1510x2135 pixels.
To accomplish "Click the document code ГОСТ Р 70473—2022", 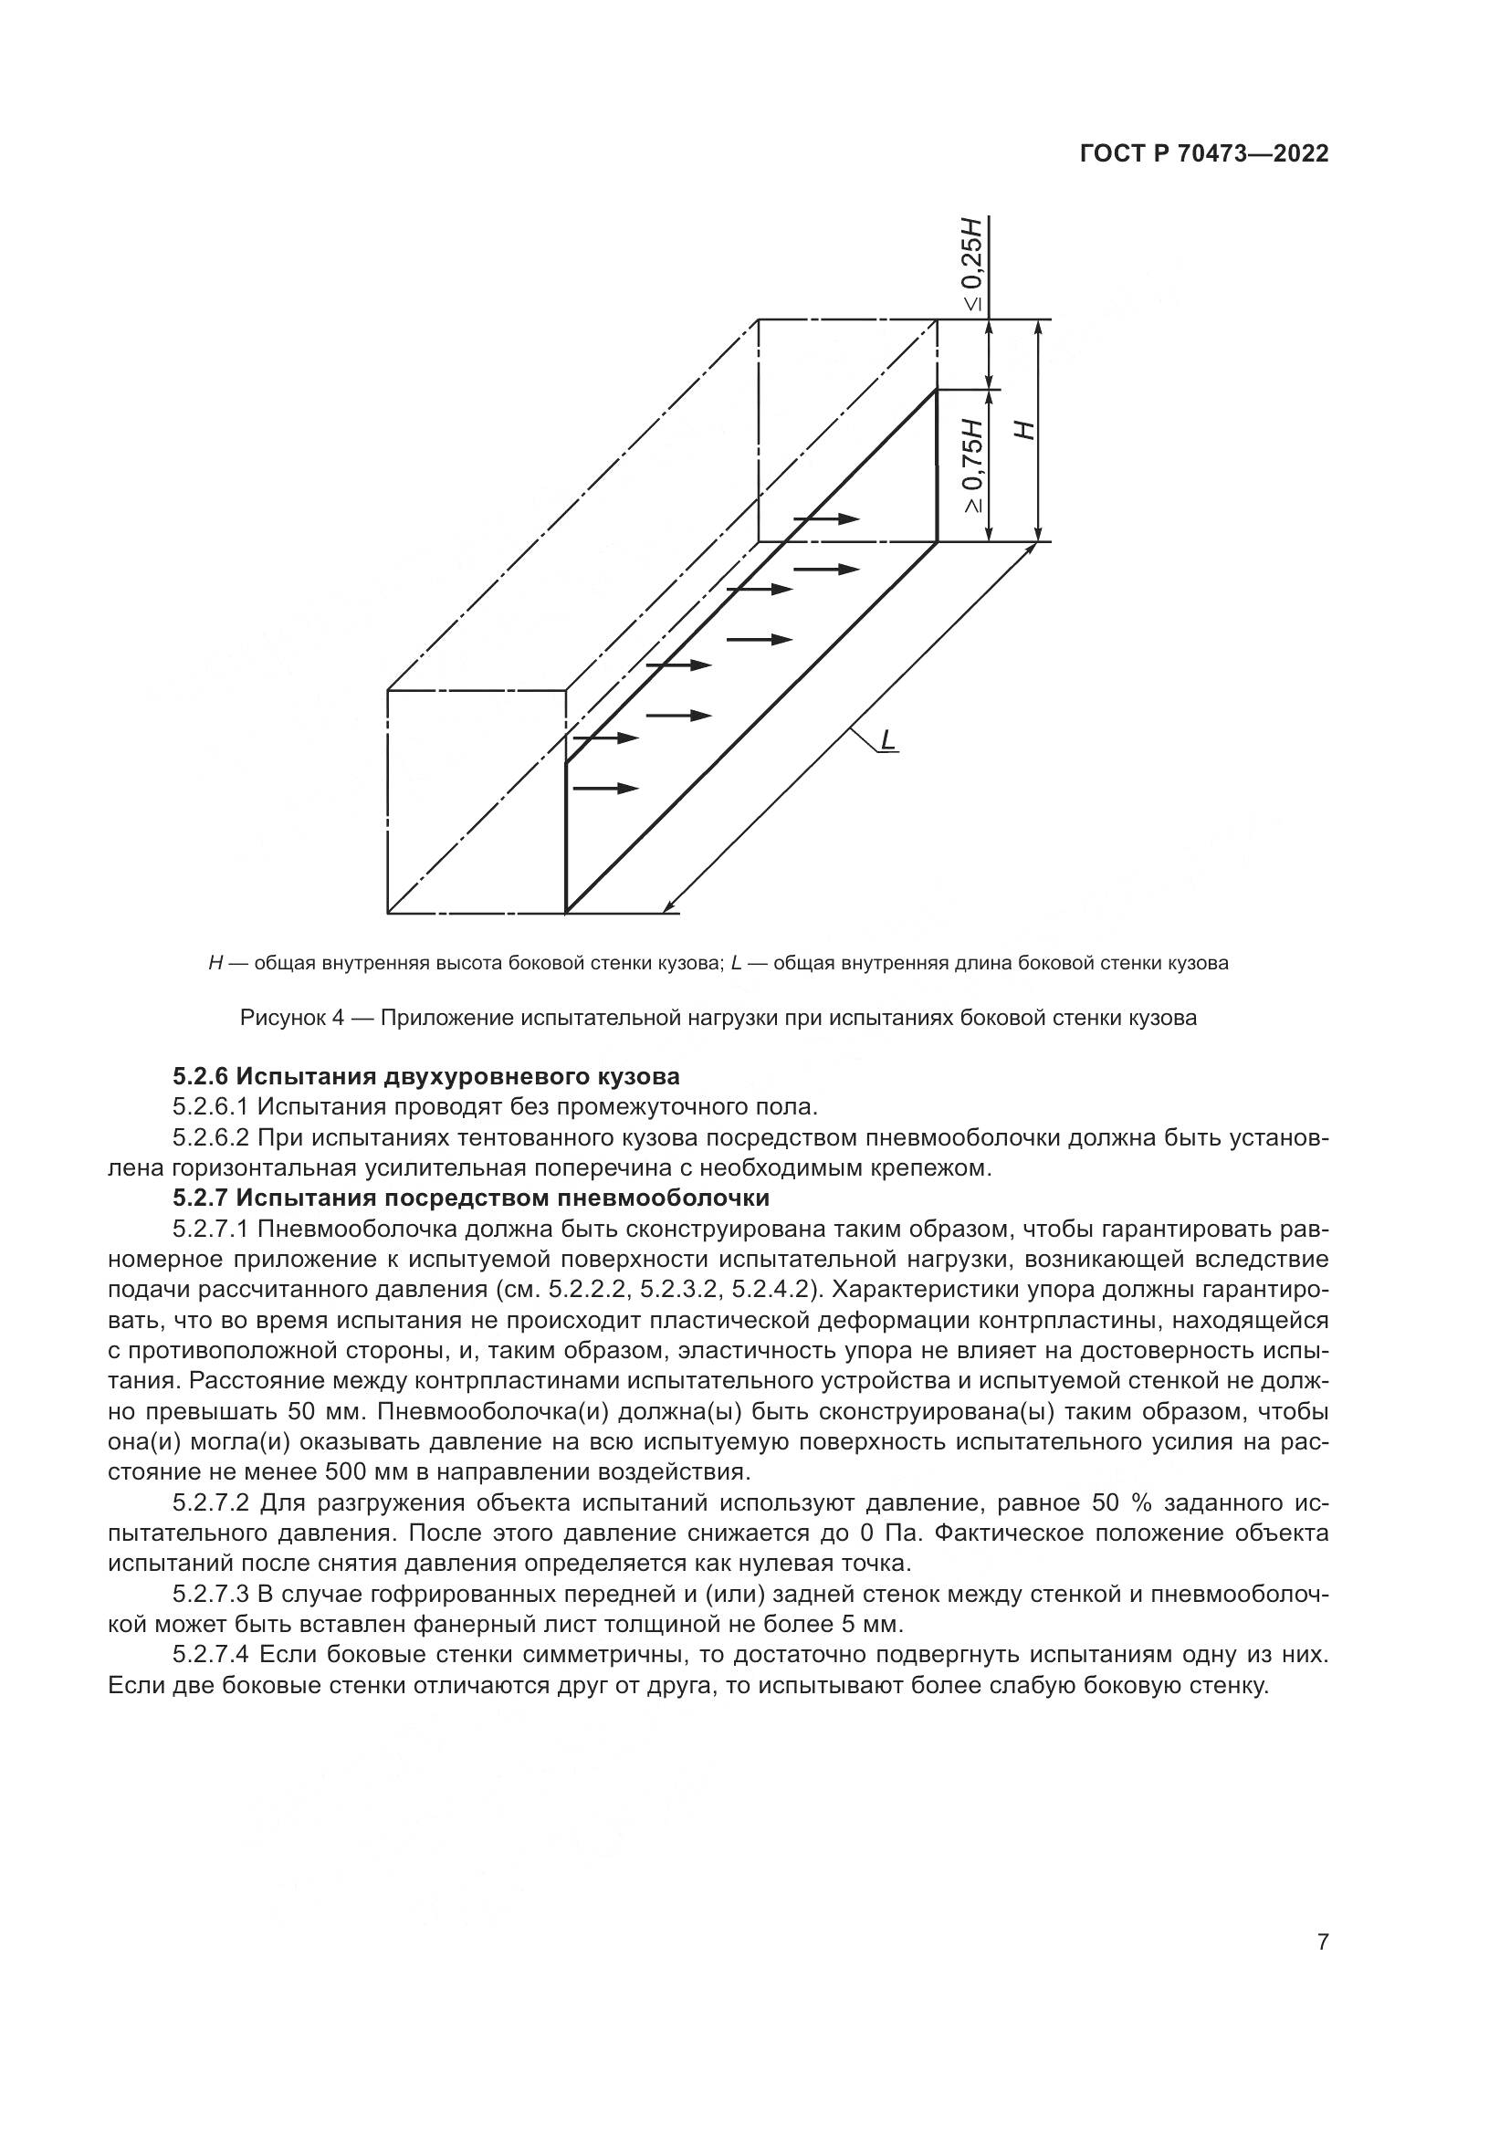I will point(1204,154).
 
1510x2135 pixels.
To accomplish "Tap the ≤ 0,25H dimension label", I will point(971,264).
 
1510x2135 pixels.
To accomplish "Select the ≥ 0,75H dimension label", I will point(971,465).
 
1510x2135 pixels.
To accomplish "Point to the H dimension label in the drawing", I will point(1023,429).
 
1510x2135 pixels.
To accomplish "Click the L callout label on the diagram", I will point(888,739).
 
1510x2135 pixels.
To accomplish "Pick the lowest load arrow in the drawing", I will point(605,789).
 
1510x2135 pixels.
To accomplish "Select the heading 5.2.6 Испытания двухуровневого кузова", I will point(425,1077).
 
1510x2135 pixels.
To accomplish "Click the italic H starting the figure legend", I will point(215,963).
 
